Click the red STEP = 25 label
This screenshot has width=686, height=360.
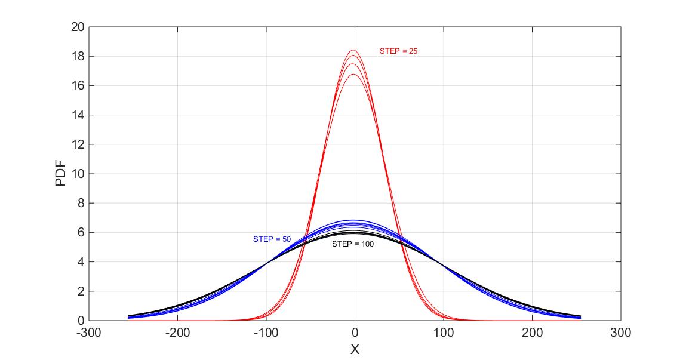click(x=398, y=51)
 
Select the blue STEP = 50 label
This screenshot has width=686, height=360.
click(x=272, y=239)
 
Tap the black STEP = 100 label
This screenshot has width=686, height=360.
click(x=353, y=244)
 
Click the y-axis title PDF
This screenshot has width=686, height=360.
click(x=61, y=174)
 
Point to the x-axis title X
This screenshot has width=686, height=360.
click(x=355, y=350)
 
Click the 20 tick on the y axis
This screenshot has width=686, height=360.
click(x=77, y=27)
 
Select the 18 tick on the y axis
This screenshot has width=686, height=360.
click(x=77, y=56)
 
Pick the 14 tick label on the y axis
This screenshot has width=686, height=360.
click(x=77, y=115)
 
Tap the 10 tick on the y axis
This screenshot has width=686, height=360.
click(x=77, y=174)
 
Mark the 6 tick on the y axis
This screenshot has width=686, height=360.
click(x=80, y=232)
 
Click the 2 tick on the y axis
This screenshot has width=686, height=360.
click(x=80, y=291)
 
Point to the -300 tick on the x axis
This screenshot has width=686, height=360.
click(x=88, y=332)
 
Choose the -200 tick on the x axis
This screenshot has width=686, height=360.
click(x=177, y=332)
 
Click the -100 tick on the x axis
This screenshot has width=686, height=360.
click(x=266, y=332)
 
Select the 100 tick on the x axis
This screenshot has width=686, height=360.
click(x=444, y=332)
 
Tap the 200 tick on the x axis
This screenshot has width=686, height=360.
click(x=532, y=332)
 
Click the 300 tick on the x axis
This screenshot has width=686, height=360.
click(x=621, y=332)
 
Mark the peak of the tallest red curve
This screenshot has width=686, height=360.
click(x=353, y=50)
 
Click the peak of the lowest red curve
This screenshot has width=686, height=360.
click(x=353, y=75)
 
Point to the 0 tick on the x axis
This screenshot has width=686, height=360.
click(x=355, y=332)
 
